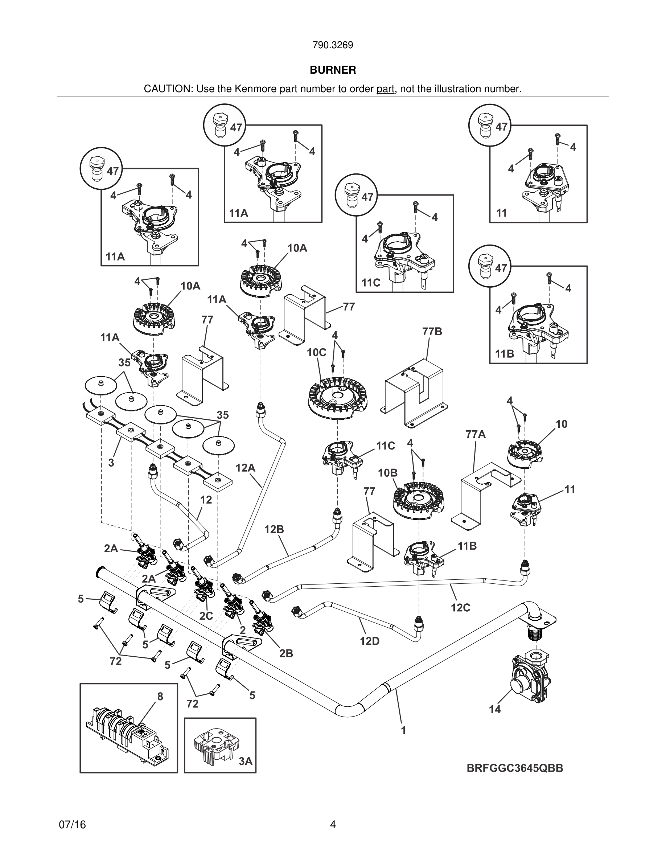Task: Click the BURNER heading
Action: pos(333,70)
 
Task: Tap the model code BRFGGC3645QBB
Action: pos(515,768)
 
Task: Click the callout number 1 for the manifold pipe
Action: pos(403,730)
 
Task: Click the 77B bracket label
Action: pos(432,332)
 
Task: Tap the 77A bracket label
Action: pos(476,434)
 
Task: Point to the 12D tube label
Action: pos(369,641)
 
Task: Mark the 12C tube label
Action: pos(461,607)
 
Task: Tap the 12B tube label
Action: pos(274,529)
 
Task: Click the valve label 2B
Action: pos(286,653)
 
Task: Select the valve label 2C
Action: pos(206,615)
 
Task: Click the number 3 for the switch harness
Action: pos(111,463)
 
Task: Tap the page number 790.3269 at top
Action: pos(333,45)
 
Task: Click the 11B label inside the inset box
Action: pos(505,354)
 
